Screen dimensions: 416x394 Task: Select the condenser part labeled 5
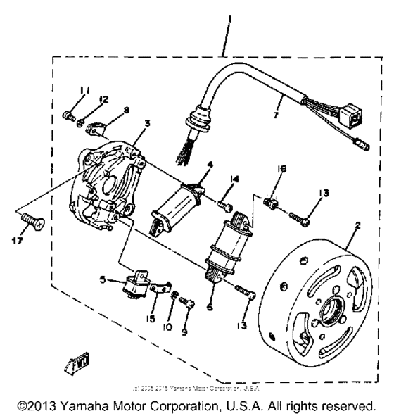pos(132,285)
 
